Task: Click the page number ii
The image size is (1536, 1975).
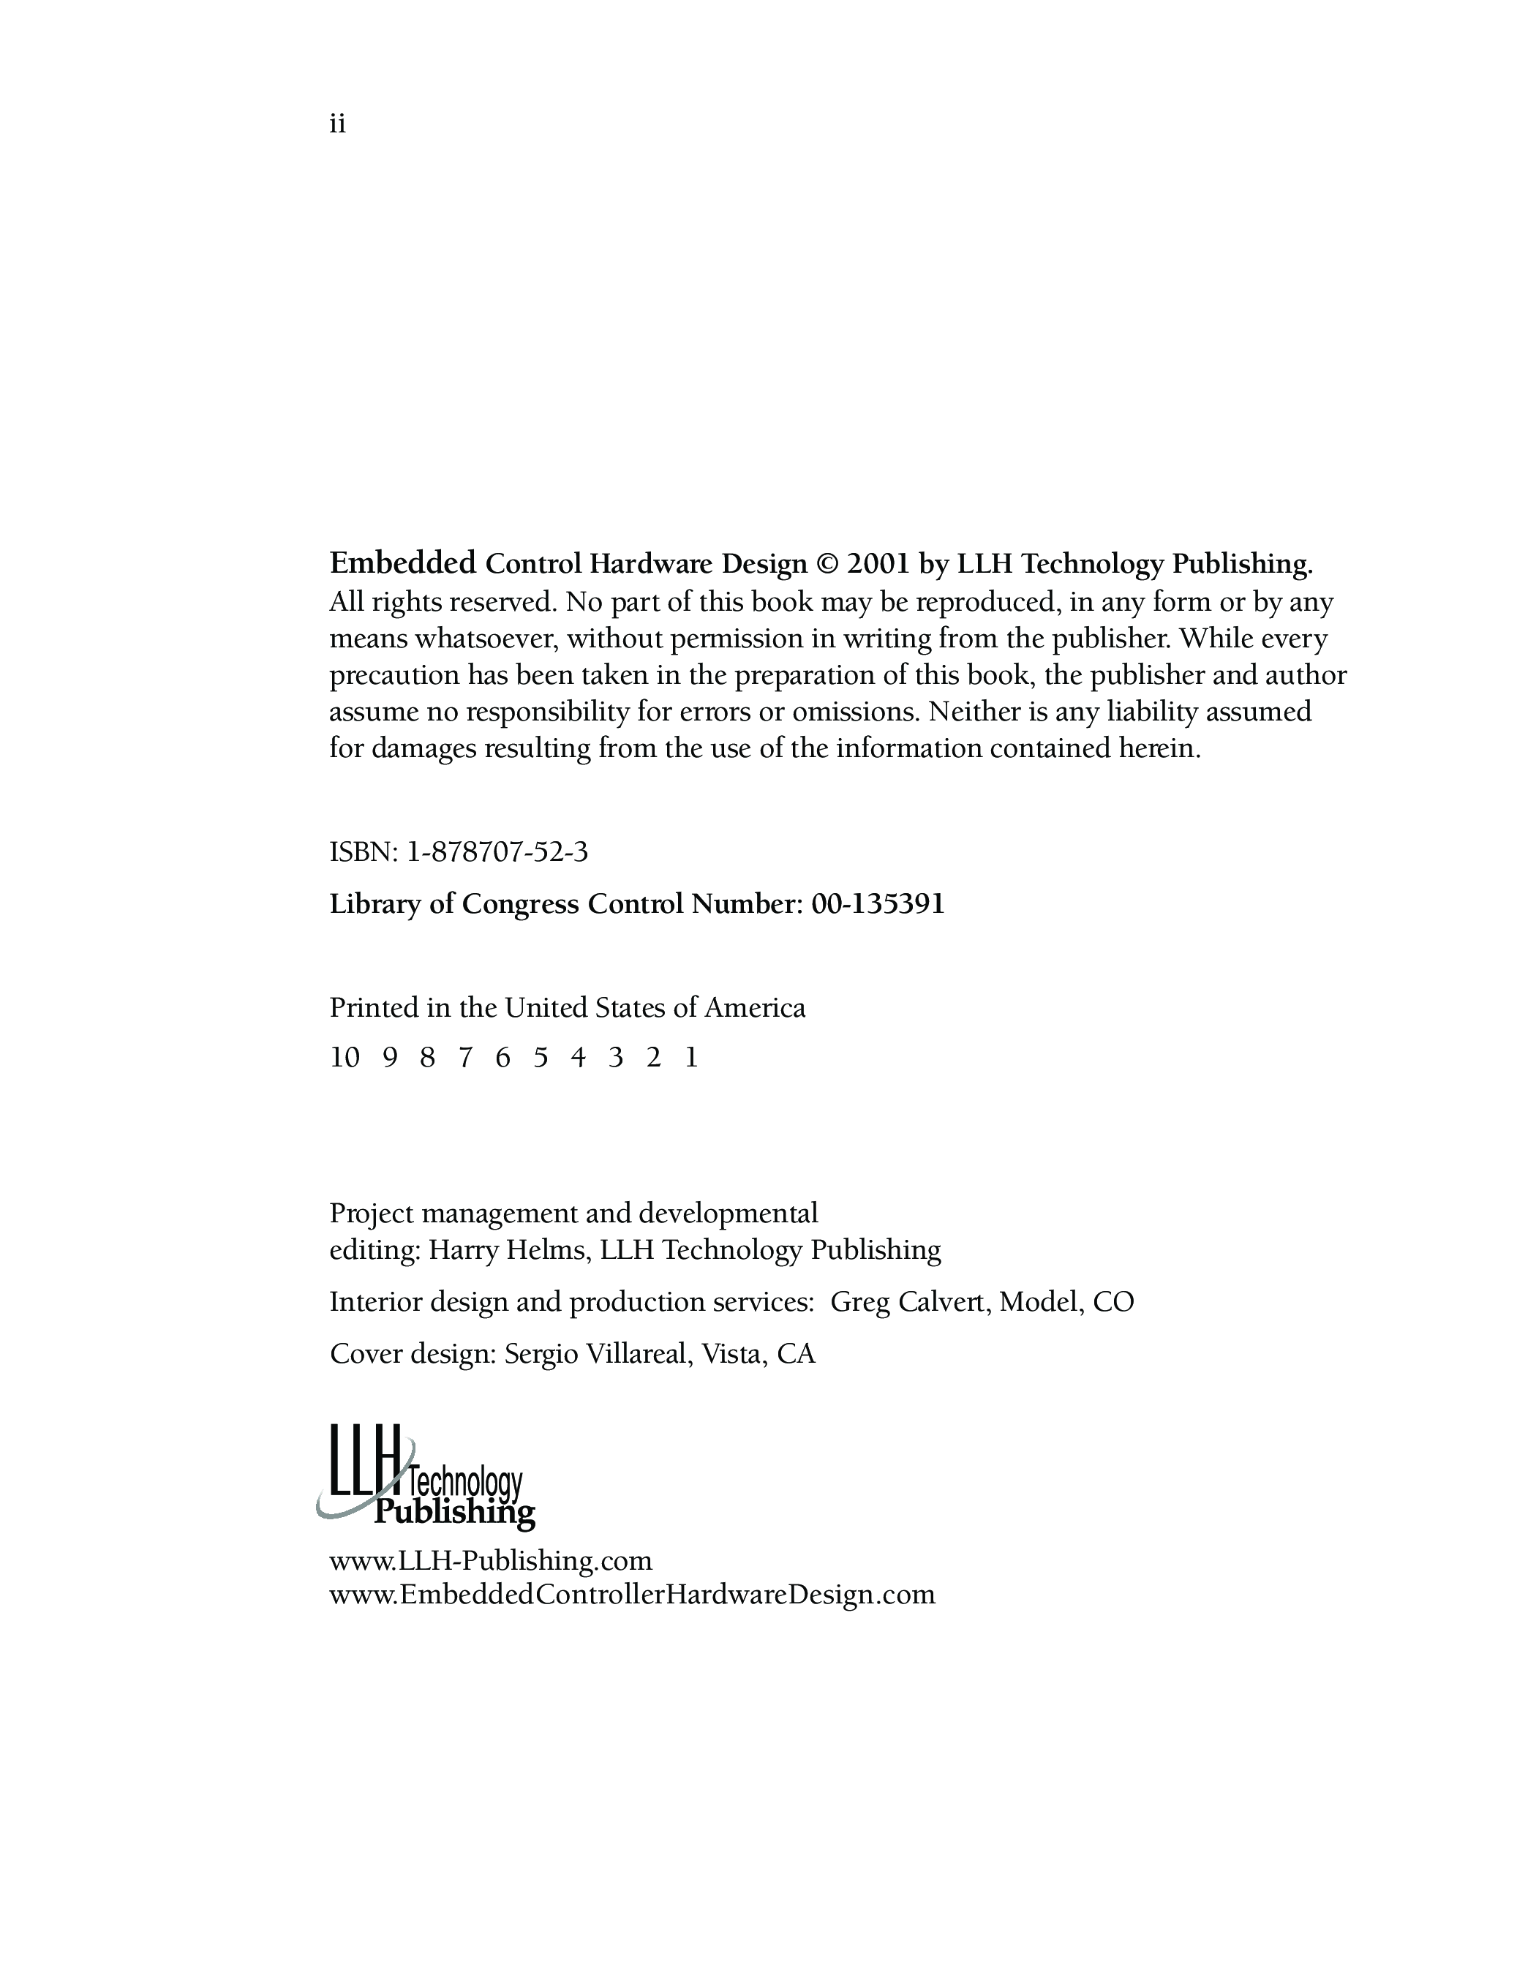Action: click(337, 124)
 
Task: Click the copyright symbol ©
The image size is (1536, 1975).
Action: click(827, 564)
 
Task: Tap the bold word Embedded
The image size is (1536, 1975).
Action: click(402, 563)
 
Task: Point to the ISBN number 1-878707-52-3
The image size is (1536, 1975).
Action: click(497, 852)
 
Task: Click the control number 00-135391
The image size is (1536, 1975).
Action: click(878, 904)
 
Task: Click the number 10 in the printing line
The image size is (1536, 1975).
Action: click(345, 1057)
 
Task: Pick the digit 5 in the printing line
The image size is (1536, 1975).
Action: click(541, 1057)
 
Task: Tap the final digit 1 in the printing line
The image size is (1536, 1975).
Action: click(692, 1057)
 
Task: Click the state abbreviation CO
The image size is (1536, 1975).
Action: click(1113, 1302)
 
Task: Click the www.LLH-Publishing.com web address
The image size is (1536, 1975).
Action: click(491, 1561)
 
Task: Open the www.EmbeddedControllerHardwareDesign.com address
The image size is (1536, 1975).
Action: click(632, 1595)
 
